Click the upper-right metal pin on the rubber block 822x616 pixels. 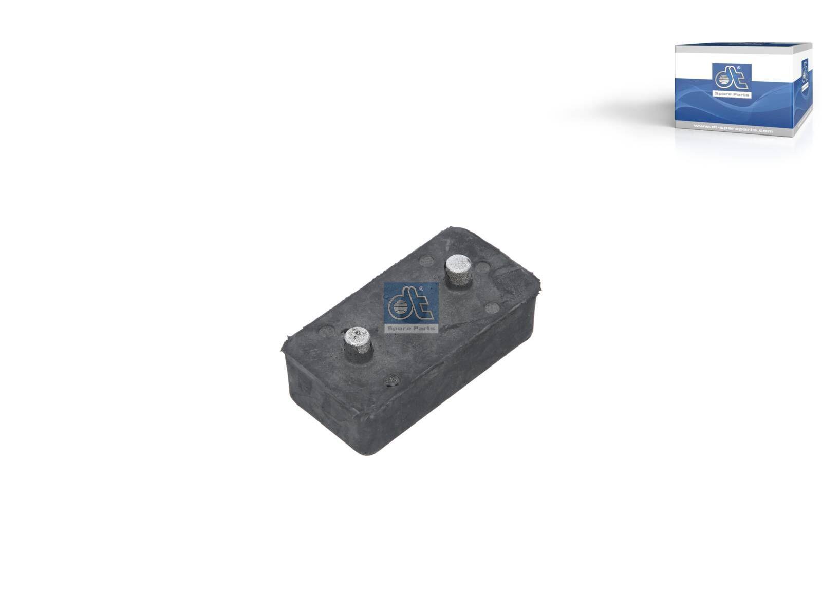click(x=458, y=270)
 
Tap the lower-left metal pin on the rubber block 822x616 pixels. click(x=357, y=342)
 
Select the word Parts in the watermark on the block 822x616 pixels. click(x=424, y=328)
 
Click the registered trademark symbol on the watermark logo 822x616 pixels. click(x=421, y=290)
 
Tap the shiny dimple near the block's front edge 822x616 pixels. click(x=392, y=380)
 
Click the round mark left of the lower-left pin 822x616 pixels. click(x=327, y=331)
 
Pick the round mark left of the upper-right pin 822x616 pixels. click(x=427, y=261)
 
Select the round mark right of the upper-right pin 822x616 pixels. click(x=483, y=267)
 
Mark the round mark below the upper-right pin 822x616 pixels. click(x=492, y=308)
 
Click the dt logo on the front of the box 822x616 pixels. click(x=732, y=77)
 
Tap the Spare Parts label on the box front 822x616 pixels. click(x=732, y=95)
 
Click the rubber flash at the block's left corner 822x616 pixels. click(x=286, y=344)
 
